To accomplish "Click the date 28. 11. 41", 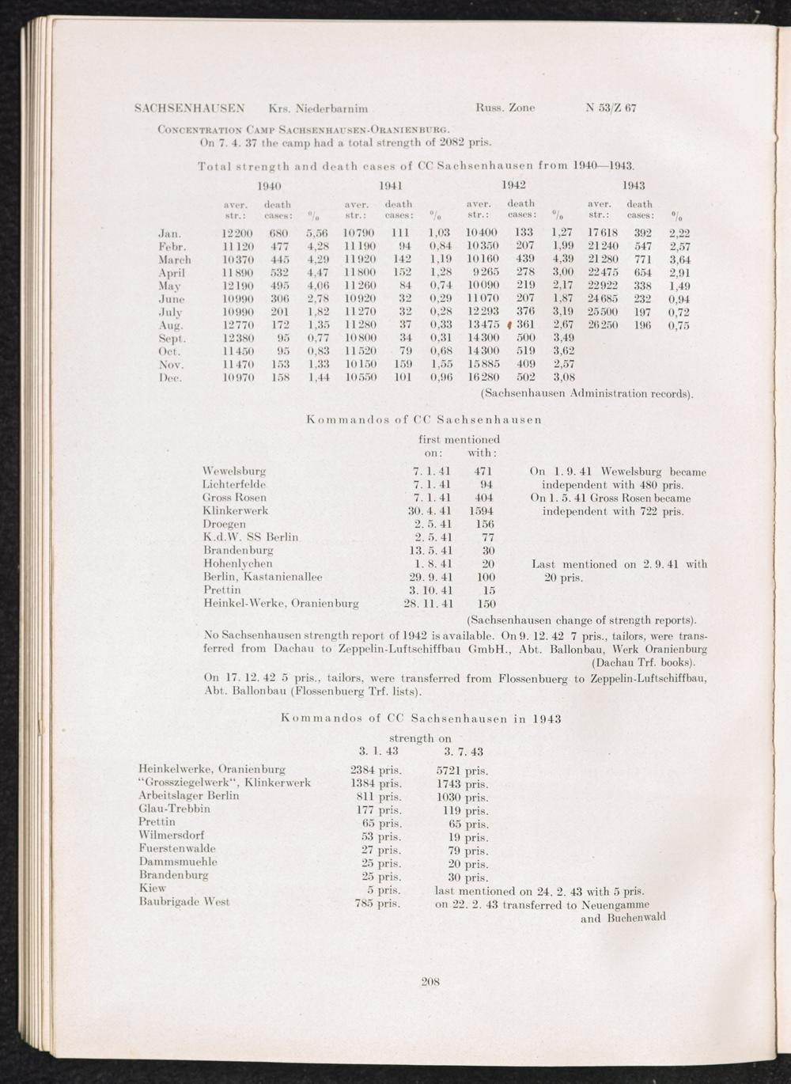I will (427, 604).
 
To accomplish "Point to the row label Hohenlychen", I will (238, 564).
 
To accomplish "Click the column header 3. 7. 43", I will (464, 751).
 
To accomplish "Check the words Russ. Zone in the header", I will (505, 107).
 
